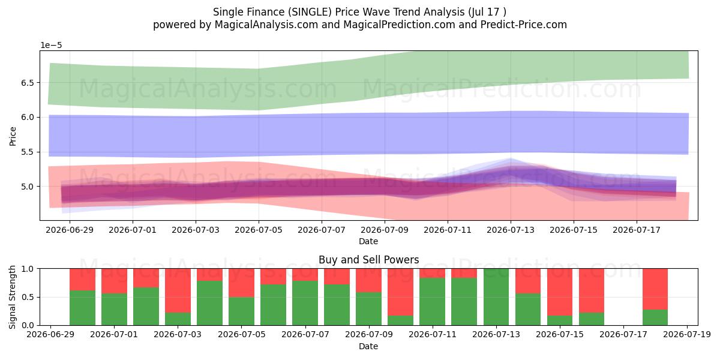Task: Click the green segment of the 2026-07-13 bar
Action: (496, 297)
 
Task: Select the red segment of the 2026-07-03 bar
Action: (178, 290)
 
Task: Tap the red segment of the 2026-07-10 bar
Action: (401, 292)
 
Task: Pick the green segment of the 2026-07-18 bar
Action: (655, 317)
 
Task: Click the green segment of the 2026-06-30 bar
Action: (82, 308)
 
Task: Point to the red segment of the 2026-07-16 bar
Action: (592, 290)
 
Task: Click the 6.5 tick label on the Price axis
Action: (28, 83)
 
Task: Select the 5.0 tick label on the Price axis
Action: (28, 187)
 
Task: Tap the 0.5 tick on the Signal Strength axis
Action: (28, 297)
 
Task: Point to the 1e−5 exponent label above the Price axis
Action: (51, 46)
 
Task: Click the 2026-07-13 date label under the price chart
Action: (511, 230)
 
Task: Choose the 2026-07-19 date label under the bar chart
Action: (687, 335)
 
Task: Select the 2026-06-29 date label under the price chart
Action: (70, 230)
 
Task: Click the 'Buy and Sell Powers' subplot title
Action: (368, 260)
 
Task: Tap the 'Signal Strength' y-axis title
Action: (12, 297)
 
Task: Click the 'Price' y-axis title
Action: (13, 136)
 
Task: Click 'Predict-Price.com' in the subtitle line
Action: (524, 25)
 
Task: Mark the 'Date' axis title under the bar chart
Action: (368, 347)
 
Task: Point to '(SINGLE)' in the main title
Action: (310, 12)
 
